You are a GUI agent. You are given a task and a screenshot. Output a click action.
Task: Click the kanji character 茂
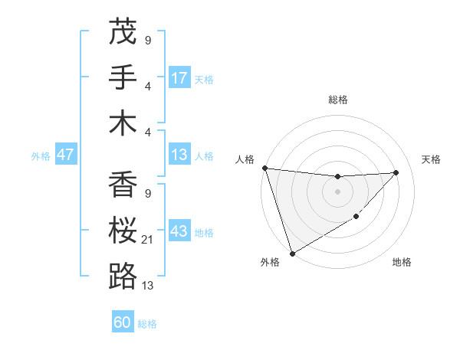point(123,32)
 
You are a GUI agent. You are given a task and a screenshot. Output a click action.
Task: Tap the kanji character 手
point(123,77)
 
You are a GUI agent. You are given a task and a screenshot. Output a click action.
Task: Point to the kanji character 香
point(123,185)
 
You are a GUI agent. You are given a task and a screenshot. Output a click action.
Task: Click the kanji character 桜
point(123,231)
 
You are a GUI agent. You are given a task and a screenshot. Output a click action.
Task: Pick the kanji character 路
point(123,276)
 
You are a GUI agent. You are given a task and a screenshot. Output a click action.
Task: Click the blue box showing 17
point(179,78)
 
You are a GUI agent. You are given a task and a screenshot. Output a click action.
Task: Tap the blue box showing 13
point(179,155)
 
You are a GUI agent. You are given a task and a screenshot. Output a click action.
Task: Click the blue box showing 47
point(66,155)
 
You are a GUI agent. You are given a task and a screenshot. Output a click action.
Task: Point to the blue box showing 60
point(123,322)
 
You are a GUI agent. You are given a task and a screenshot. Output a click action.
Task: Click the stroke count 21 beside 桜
point(147,240)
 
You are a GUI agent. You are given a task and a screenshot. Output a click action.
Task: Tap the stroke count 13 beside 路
point(147,285)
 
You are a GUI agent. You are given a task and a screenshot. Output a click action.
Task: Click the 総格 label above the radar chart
point(338,100)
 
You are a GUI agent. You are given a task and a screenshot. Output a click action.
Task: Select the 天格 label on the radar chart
point(432,159)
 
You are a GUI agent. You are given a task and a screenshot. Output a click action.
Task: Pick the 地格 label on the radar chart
point(402,263)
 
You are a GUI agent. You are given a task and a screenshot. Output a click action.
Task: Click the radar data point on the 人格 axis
point(265,168)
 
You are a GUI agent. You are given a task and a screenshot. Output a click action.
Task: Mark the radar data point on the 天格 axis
point(396,172)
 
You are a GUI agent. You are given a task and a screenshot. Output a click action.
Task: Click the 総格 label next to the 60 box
point(147,324)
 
